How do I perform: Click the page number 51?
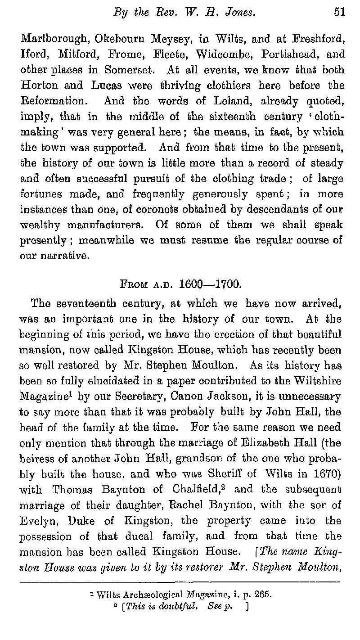click(339, 13)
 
